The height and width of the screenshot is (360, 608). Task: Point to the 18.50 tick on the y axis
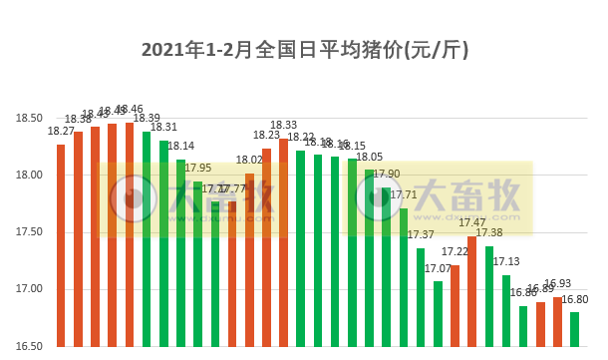click(29, 119)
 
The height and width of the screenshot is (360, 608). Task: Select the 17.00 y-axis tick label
click(29, 290)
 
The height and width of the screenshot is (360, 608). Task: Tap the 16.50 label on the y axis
click(29, 346)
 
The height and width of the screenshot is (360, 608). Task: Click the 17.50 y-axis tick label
click(29, 232)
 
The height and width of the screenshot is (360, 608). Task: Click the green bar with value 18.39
click(147, 239)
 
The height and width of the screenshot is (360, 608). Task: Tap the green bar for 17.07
click(438, 314)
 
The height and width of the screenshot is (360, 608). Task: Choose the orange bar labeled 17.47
click(471, 291)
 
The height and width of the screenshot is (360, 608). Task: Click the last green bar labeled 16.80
click(574, 330)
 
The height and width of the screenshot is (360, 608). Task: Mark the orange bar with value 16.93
click(557, 322)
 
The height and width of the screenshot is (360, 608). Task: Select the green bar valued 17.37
click(421, 297)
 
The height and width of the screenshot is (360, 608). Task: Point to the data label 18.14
click(180, 146)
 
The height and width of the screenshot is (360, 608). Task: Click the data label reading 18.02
click(249, 160)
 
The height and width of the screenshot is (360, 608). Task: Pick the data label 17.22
click(455, 252)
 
